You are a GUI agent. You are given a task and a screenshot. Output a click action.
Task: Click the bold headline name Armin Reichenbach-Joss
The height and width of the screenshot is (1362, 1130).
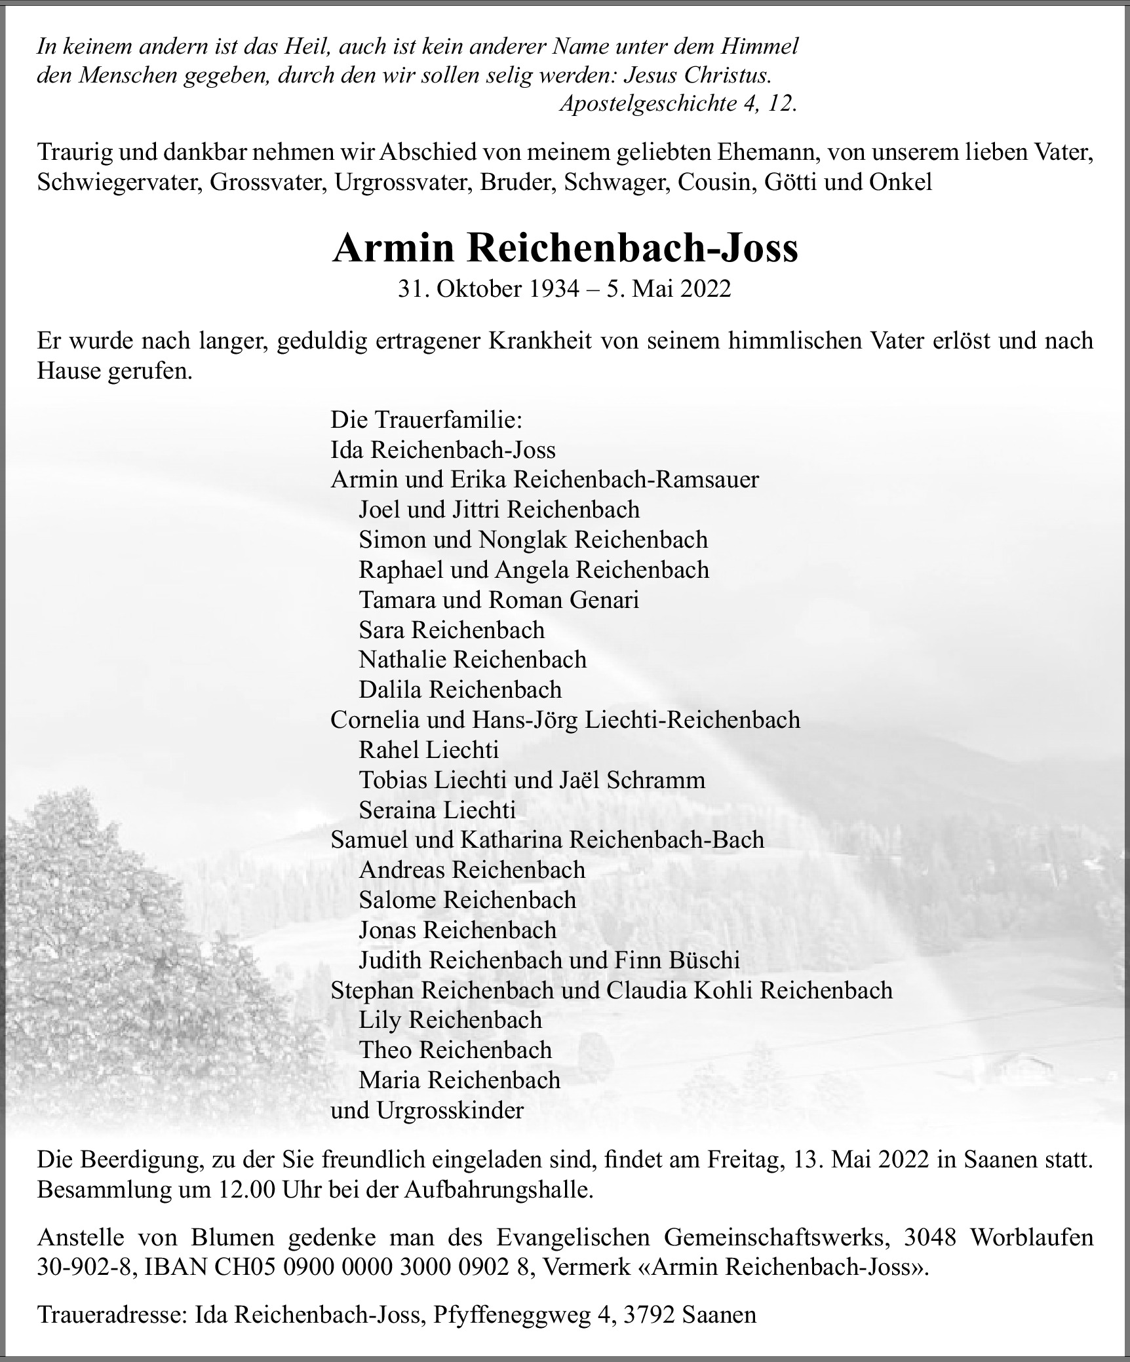[x=565, y=248]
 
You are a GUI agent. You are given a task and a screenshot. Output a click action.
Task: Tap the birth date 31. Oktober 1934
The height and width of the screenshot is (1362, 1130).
[x=488, y=289]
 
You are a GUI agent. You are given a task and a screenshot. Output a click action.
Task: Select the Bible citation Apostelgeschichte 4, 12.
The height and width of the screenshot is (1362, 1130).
[x=678, y=104]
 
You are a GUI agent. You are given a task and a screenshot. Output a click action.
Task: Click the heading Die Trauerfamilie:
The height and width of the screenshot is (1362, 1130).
[x=426, y=419]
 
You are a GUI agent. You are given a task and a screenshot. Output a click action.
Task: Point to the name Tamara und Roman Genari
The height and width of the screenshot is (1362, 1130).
[x=499, y=599]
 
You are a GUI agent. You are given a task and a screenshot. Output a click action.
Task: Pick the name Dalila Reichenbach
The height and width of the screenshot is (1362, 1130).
[x=460, y=689]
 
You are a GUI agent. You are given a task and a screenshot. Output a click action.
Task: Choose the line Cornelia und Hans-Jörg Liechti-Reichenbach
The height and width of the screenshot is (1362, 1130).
[x=565, y=719]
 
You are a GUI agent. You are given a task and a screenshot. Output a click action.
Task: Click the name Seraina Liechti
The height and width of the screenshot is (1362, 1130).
[x=437, y=810]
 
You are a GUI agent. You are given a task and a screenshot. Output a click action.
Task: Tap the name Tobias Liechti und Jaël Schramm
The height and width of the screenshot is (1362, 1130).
[x=532, y=780]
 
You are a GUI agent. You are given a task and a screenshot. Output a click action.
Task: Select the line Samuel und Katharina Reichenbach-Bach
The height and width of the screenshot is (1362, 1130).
[x=547, y=840]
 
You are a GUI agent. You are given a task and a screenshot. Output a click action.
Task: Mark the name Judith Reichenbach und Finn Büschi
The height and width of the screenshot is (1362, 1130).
[x=549, y=960]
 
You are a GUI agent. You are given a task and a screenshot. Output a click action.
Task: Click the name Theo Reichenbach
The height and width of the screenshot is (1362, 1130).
[x=455, y=1050]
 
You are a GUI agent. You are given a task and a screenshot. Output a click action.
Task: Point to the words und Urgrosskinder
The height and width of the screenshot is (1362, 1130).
[x=427, y=1110]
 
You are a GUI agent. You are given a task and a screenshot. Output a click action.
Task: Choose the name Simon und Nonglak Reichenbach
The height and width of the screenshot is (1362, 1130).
[x=533, y=539]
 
